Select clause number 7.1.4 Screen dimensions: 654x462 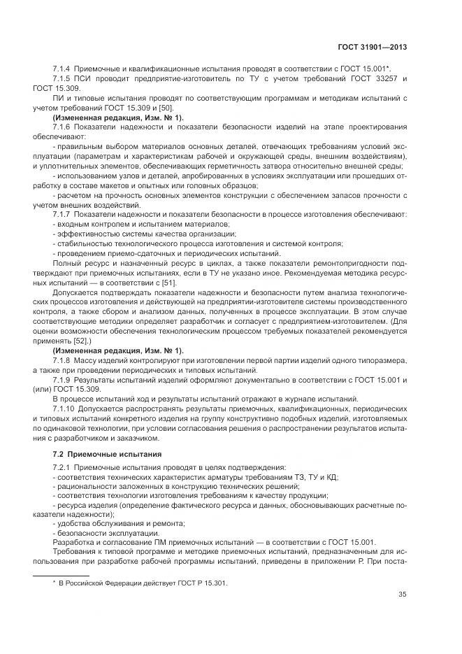click(63, 69)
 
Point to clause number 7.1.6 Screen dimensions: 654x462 click(63, 127)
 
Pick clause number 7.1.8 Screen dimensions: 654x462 click(63, 360)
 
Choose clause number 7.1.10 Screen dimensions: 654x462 click(65, 408)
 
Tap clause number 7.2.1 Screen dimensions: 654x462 click(63, 467)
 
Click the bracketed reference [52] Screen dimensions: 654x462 click(76, 341)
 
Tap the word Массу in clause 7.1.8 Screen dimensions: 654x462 click(94, 360)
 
